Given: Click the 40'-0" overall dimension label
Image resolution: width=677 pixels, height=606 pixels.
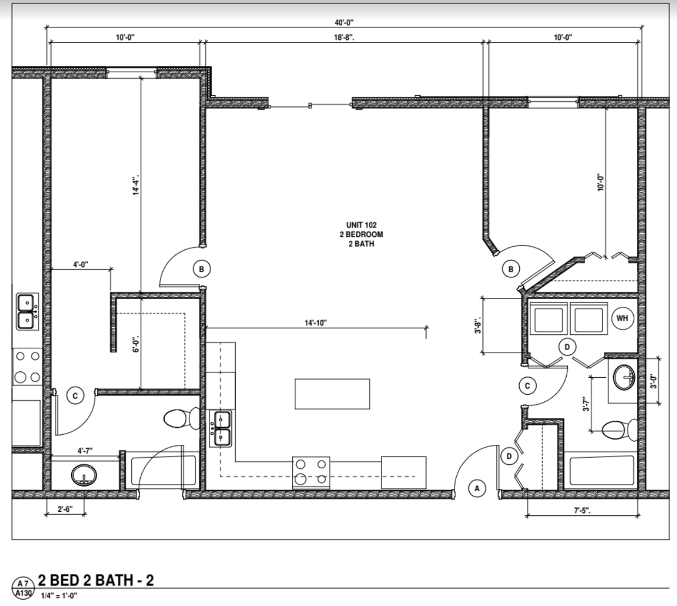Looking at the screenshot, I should pos(344,23).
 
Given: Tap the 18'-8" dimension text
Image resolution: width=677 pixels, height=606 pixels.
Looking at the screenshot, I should pos(344,37).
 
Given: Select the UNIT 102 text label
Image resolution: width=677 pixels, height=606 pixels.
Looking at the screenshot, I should pos(361,225).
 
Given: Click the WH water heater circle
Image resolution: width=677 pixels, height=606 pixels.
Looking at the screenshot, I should pos(622,318).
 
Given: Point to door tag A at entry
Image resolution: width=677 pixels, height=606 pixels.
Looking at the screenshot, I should pos(477,488).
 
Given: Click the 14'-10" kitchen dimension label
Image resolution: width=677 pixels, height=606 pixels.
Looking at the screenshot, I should pos(316,323).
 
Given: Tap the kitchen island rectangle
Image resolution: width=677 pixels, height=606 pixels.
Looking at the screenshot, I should pos(332,394).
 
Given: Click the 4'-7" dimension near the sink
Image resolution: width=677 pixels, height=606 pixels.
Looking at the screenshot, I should pos(85,451).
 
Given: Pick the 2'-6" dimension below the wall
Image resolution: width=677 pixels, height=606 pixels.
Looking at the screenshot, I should pos(65,509).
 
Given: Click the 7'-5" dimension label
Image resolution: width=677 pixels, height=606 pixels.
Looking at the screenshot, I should pos(582,511).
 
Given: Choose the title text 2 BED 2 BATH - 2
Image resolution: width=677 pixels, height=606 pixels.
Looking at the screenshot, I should pos(96,581).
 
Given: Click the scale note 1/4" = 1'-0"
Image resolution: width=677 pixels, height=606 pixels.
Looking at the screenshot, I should pos(59,596).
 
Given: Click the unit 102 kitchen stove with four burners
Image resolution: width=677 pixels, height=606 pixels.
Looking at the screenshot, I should pos(311,473).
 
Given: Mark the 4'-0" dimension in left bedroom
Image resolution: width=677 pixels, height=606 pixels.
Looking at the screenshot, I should pos(80,265).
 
